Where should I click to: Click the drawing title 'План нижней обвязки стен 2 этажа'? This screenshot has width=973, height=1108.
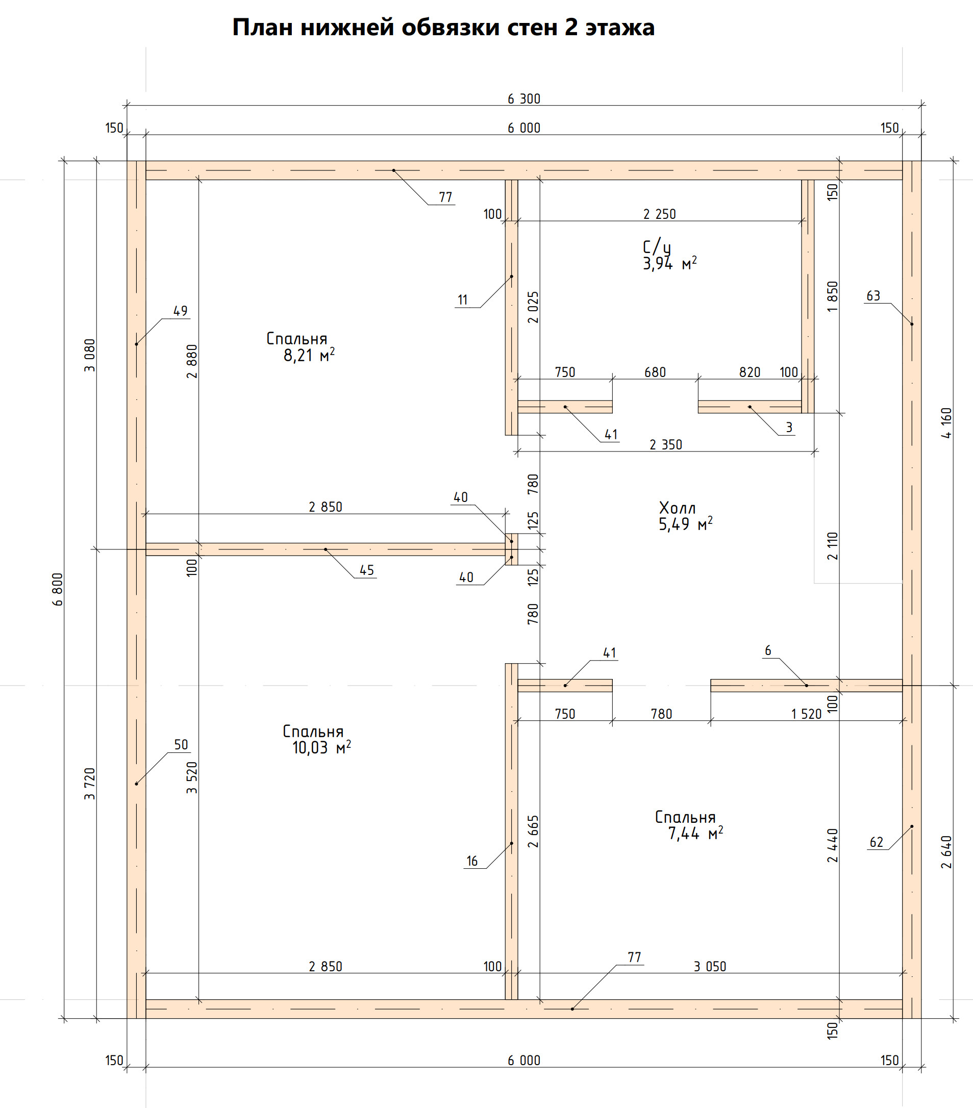tap(443, 27)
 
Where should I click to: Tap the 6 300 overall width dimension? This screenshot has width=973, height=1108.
tap(523, 98)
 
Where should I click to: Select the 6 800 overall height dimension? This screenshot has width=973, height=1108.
tap(58, 589)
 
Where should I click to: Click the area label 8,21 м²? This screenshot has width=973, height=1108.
tap(309, 356)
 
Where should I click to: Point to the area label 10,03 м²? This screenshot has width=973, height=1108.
tap(321, 748)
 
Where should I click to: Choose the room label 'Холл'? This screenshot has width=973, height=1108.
tap(677, 508)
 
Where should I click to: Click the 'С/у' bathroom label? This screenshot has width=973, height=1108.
tap(657, 247)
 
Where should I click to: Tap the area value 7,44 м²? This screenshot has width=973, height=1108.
tap(695, 834)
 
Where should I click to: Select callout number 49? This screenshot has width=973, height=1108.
tap(181, 311)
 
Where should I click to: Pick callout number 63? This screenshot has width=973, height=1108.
tap(874, 295)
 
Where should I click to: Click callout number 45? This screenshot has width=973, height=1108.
tap(367, 570)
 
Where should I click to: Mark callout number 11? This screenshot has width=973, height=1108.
tap(462, 300)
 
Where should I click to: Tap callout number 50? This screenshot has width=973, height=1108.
tap(181, 744)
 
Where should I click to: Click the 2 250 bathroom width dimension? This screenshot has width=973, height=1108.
tap(660, 214)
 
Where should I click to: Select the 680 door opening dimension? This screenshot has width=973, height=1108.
tap(655, 372)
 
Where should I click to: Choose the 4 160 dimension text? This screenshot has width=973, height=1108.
tap(946, 423)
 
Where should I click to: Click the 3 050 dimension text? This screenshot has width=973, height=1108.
tap(710, 966)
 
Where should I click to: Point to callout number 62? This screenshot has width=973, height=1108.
tap(877, 842)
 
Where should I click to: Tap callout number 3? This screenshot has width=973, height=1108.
tap(789, 427)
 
